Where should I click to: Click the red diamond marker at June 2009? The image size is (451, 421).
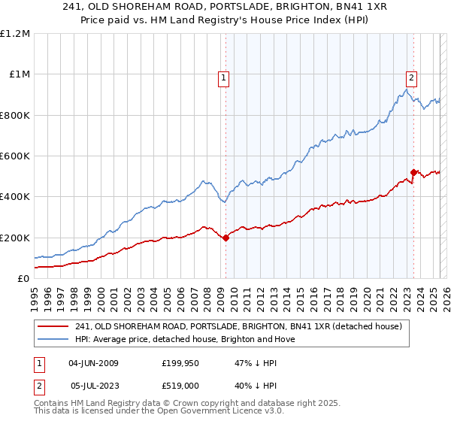click(225, 238)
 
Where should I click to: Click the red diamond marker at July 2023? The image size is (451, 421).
click(413, 173)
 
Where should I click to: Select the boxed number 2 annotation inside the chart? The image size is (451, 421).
click(412, 77)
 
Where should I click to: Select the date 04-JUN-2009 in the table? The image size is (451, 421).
click(93, 363)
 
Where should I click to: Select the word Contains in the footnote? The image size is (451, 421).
click(53, 404)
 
